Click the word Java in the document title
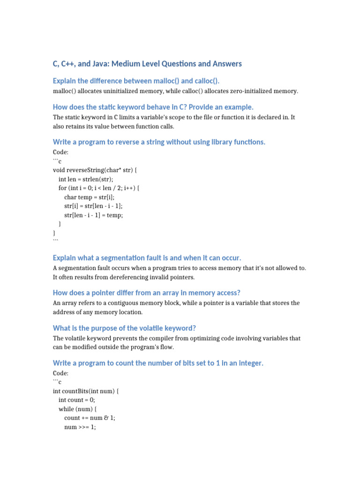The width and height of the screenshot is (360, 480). tap(109, 64)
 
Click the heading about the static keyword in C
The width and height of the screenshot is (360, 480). tap(153, 107)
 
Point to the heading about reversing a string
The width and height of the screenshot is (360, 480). tap(159, 142)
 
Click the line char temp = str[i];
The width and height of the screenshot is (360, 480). tap(89, 197)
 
